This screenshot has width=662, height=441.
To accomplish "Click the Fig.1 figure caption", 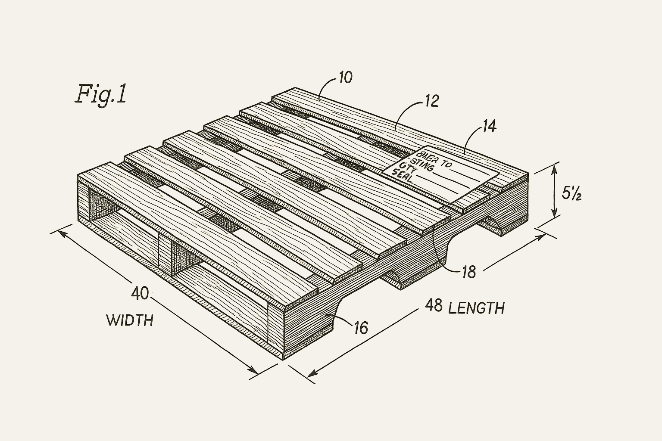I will click(101, 94).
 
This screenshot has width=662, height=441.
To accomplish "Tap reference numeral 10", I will click(345, 78).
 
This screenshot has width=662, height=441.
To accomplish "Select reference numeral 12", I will click(431, 101).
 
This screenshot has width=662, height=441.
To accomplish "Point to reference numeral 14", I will click(489, 126).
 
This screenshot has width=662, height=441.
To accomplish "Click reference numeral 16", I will click(361, 328).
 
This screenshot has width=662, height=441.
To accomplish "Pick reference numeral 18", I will click(468, 272).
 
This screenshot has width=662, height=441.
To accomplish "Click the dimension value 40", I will click(140, 293).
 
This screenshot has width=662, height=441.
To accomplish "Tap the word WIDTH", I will click(129, 320).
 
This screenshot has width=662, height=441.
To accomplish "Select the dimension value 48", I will click(434, 305).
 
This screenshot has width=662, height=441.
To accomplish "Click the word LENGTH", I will click(476, 308).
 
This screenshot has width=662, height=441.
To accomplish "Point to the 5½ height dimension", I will click(572, 194).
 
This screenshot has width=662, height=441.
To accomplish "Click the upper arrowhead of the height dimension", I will click(555, 168).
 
